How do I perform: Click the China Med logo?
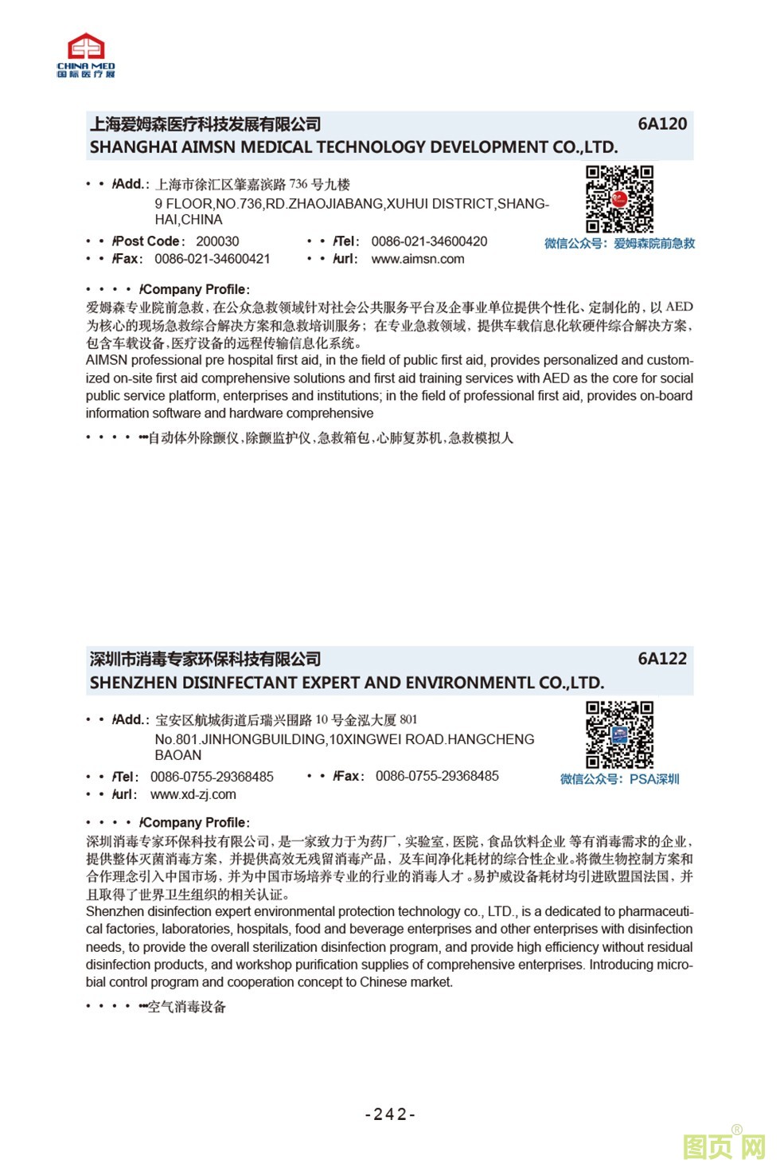click(x=86, y=55)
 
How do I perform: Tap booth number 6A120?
click(x=661, y=123)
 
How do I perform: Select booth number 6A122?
click(x=661, y=659)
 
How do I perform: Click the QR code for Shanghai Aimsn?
click(x=619, y=199)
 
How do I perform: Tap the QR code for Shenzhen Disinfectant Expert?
click(x=619, y=734)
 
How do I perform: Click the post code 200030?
click(x=217, y=241)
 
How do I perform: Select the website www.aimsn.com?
click(x=417, y=259)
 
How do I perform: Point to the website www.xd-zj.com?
click(x=193, y=794)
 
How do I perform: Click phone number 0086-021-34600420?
click(x=429, y=241)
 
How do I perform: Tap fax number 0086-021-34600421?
click(x=212, y=259)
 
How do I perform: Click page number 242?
click(x=390, y=1114)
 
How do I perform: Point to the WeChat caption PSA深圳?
click(x=653, y=779)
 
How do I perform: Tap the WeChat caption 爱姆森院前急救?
click(x=653, y=244)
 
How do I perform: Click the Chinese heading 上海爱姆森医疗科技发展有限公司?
click(x=205, y=124)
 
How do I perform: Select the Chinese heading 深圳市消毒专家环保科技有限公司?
click(x=205, y=660)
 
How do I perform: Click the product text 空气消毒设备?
click(x=187, y=1007)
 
